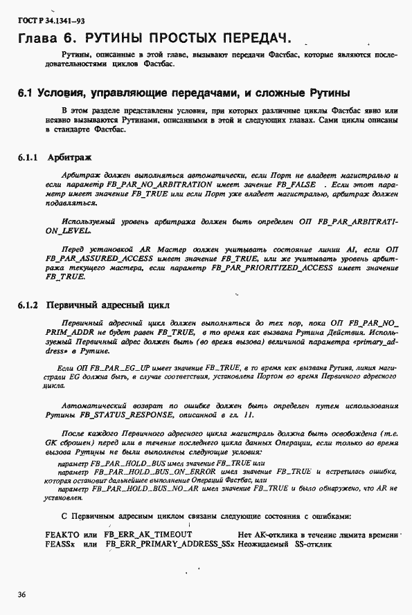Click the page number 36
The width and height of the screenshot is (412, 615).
23,593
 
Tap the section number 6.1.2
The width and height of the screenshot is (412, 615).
28,304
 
